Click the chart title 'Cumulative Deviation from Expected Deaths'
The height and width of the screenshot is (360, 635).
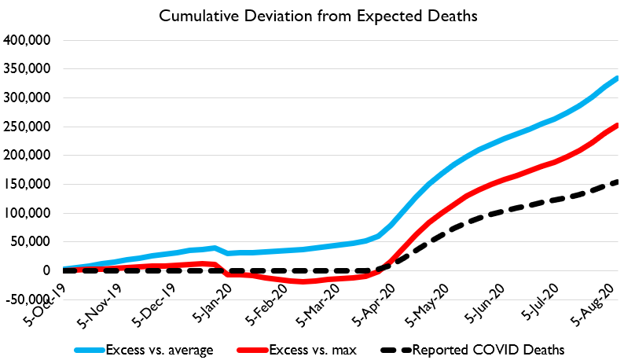[317, 16]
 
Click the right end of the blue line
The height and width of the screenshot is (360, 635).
[617, 77]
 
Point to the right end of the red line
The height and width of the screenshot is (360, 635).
[617, 124]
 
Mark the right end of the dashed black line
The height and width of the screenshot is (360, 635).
[617, 182]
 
